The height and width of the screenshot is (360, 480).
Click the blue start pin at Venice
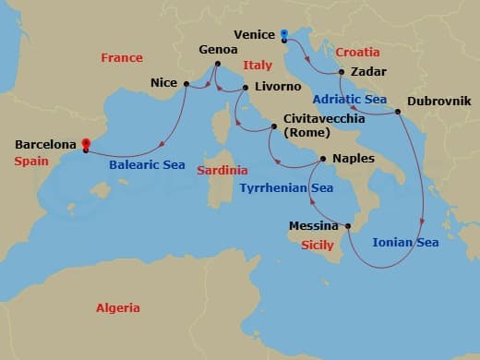pos(284,34)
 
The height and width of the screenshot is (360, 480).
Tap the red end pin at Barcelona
pos(85,143)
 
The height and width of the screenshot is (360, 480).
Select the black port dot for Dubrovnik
pos(398,113)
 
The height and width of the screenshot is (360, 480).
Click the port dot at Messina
pos(348,225)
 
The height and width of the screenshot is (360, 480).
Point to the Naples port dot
pos(322,159)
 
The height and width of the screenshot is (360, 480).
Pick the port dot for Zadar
pos(342,72)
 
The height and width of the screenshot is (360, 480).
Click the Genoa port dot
pos(219,65)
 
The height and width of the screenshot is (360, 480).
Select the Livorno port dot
pos(246,89)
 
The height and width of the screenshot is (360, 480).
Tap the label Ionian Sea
pos(405,244)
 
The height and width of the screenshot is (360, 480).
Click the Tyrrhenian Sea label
pos(286,188)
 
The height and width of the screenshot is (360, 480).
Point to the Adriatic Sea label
pos(351,98)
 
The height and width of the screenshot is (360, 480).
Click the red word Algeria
pos(117,307)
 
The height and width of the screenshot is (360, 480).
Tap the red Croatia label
pos(358,52)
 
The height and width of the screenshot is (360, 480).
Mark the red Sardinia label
pos(222,171)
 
